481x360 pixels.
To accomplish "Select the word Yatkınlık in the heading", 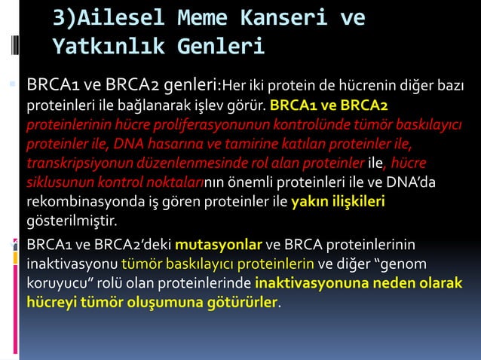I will click(110, 47).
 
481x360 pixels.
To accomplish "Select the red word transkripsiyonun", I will click(74, 163).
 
